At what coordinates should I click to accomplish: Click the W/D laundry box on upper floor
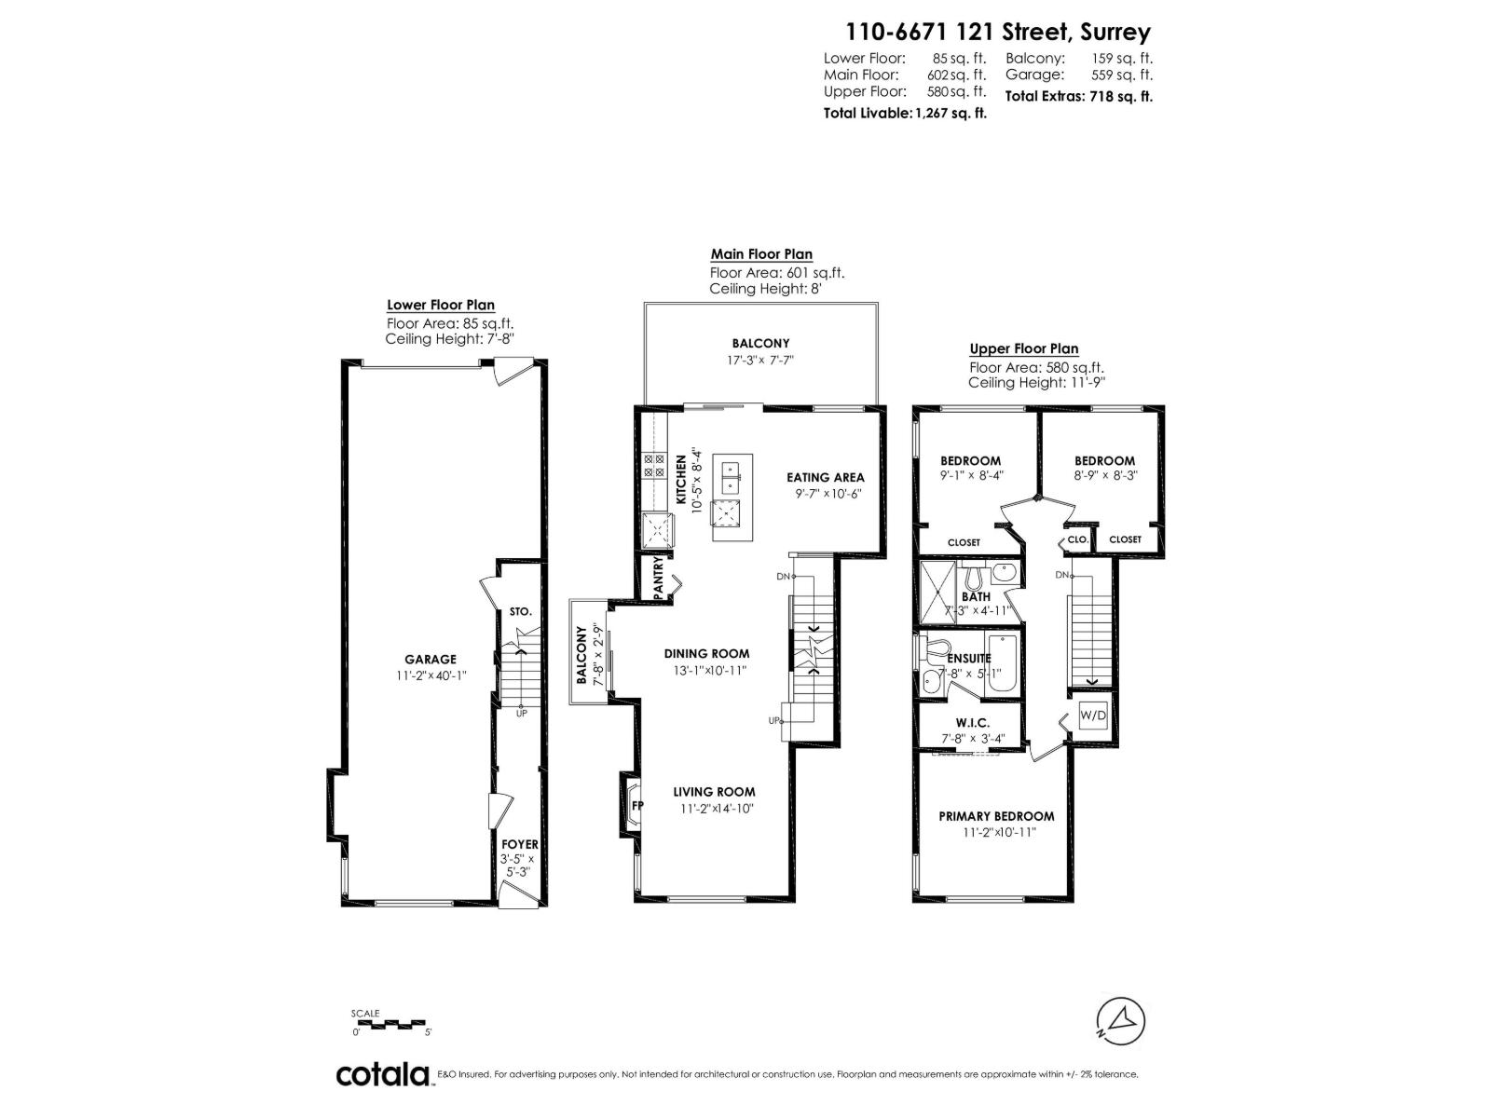click(x=1092, y=716)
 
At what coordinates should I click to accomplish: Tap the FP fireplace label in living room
click(x=637, y=805)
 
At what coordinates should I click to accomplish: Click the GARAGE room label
click(x=430, y=659)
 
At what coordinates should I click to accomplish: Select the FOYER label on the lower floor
click(x=520, y=844)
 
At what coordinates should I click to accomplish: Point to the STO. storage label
click(x=520, y=612)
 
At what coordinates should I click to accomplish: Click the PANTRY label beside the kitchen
click(x=658, y=577)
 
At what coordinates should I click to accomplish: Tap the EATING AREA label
click(x=825, y=477)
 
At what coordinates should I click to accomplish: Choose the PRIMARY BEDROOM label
click(x=996, y=815)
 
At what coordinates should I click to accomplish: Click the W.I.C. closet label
click(x=972, y=723)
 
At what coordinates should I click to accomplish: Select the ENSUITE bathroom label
click(x=968, y=658)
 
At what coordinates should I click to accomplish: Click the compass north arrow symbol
click(x=1122, y=1018)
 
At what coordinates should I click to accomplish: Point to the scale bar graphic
click(x=390, y=1024)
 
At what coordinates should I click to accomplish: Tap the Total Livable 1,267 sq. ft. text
click(x=904, y=113)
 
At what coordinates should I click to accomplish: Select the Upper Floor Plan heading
click(x=1023, y=348)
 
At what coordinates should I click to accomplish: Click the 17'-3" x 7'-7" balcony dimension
click(x=760, y=361)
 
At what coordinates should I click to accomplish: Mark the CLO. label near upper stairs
click(x=1077, y=539)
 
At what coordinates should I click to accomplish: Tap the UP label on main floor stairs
click(x=773, y=720)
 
